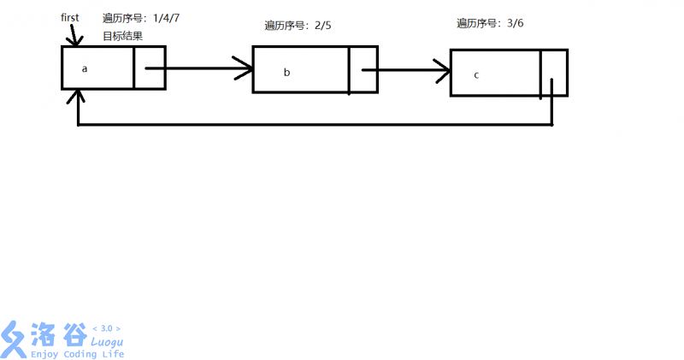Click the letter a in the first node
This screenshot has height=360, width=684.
pyautogui.click(x=85, y=68)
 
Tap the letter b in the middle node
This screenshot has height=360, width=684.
pyautogui.click(x=286, y=73)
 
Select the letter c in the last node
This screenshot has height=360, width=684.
pyautogui.click(x=476, y=75)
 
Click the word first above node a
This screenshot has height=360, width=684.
pyautogui.click(x=70, y=17)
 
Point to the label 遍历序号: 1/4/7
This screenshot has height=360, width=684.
pyautogui.click(x=140, y=18)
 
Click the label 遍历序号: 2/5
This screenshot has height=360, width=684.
pyautogui.click(x=298, y=26)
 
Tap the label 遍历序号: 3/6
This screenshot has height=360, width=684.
pyautogui.click(x=490, y=23)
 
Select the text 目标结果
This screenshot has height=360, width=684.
pyautogui.click(x=122, y=36)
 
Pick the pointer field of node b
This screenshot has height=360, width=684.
pyautogui.click(x=363, y=69)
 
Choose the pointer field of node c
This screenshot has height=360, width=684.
pyautogui.click(x=554, y=73)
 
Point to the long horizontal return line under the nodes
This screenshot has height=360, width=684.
pyautogui.click(x=316, y=125)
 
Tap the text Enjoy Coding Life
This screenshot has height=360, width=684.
pyautogui.click(x=77, y=354)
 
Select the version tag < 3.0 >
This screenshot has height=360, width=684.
pyautogui.click(x=106, y=328)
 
